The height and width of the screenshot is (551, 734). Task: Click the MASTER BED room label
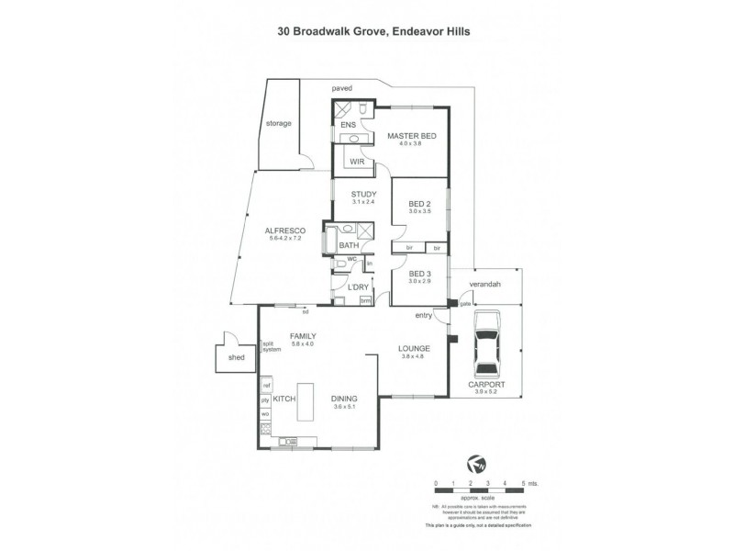pyautogui.click(x=410, y=136)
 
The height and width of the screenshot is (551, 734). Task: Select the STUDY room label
pyautogui.click(x=364, y=194)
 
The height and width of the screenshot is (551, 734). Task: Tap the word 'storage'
pyautogui.click(x=278, y=122)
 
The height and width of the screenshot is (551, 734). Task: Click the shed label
pyautogui.click(x=237, y=358)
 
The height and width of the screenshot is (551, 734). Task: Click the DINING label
pyautogui.click(x=344, y=399)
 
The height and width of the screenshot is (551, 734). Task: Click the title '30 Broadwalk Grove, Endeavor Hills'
pyautogui.click(x=367, y=29)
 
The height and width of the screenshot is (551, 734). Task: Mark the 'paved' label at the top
pyautogui.click(x=341, y=88)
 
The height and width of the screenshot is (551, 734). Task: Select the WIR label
pyautogui.click(x=358, y=161)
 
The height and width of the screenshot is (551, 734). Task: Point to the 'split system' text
pyautogui.click(x=272, y=346)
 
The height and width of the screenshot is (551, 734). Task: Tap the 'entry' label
pyautogui.click(x=423, y=315)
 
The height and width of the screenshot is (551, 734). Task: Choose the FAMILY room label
pyautogui.click(x=302, y=336)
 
